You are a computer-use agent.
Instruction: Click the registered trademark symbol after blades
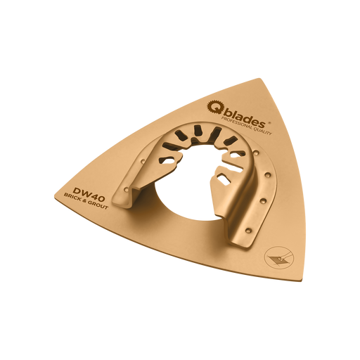(x=269, y=122)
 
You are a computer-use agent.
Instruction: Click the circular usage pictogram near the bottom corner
(x=278, y=258)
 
